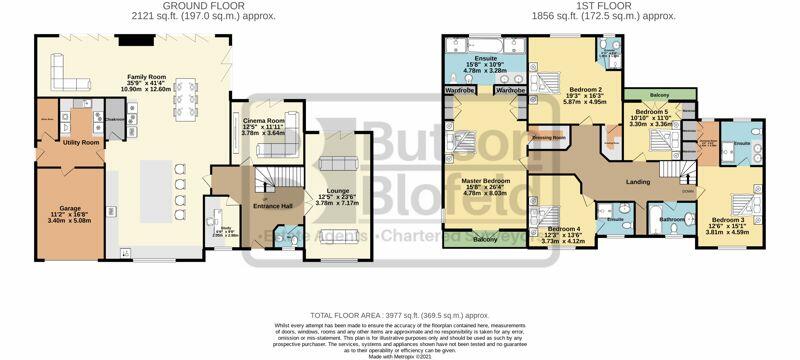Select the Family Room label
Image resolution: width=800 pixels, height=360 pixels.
pos(145,76)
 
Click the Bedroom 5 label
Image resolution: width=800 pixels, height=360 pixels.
pos(652,112)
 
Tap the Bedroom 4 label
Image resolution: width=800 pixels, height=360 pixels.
pos(551,229)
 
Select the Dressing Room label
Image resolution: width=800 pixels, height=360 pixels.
pos(549,136)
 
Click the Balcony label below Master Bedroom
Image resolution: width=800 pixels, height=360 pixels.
pos(484,239)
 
